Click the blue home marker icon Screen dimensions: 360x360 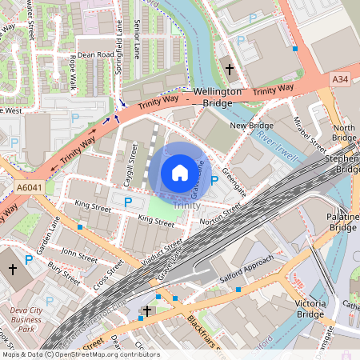click(x=180, y=172)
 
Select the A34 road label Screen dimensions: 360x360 click(x=341, y=78)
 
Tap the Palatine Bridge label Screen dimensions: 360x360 click(x=342, y=222)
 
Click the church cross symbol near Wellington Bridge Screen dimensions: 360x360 click(x=230, y=70)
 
